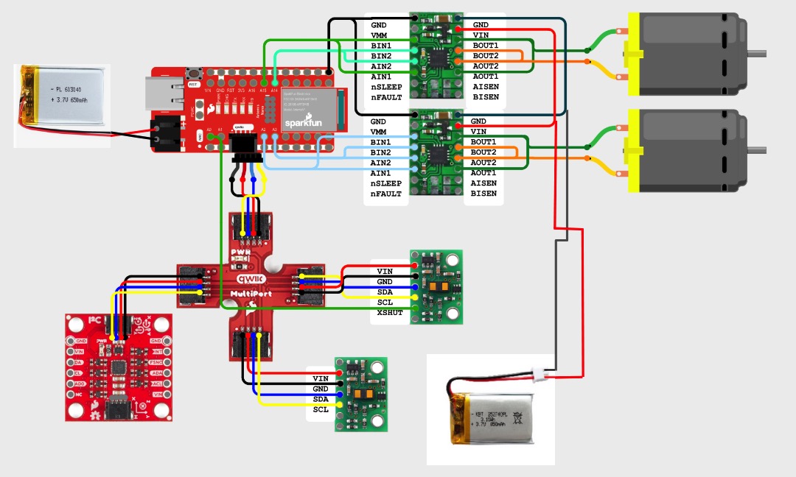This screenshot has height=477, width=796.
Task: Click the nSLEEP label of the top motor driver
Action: (386, 86)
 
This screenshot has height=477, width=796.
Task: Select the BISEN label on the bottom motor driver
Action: (485, 194)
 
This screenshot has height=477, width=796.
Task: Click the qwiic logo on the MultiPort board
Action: (251, 278)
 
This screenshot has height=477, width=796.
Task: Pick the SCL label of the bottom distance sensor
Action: (321, 409)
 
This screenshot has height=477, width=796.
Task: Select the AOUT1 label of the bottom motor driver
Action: (484, 173)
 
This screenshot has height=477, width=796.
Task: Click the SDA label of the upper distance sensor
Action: (384, 292)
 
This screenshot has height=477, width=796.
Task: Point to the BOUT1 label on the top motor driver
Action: (485, 45)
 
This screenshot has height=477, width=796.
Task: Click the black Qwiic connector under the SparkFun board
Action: (244, 146)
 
